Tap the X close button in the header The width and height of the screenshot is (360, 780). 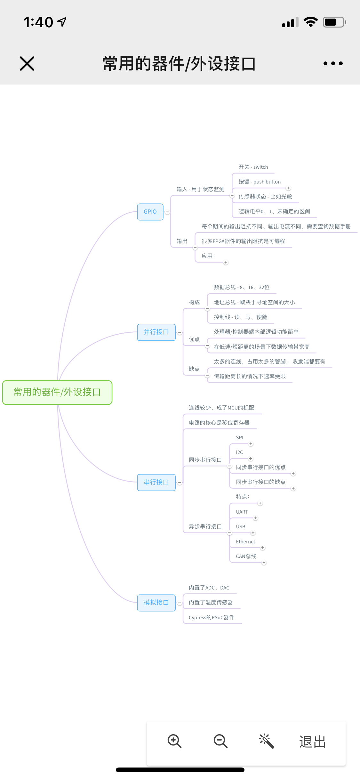(x=27, y=63)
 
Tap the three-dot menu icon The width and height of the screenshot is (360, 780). (x=333, y=63)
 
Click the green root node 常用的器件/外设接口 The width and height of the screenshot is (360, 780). (x=57, y=392)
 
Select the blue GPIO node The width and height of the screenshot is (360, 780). (x=150, y=212)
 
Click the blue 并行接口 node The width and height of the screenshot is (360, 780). (x=156, y=332)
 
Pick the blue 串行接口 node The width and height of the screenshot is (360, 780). (x=156, y=482)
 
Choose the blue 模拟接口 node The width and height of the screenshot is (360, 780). (x=156, y=603)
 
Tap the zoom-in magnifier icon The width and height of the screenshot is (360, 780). (x=174, y=741)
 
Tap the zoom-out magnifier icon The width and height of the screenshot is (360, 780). (x=220, y=741)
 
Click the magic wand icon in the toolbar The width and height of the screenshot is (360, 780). (x=267, y=741)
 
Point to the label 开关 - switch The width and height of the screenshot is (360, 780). (x=253, y=167)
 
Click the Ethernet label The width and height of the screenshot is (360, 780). (x=245, y=541)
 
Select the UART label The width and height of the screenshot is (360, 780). (x=242, y=512)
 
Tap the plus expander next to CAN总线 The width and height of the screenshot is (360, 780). (x=264, y=563)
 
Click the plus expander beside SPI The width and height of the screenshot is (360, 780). (x=251, y=444)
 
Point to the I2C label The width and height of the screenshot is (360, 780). (x=239, y=452)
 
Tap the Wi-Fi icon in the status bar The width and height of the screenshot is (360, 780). (x=310, y=22)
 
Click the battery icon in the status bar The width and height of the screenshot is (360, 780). (x=334, y=22)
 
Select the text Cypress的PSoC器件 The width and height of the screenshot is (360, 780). (x=212, y=617)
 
